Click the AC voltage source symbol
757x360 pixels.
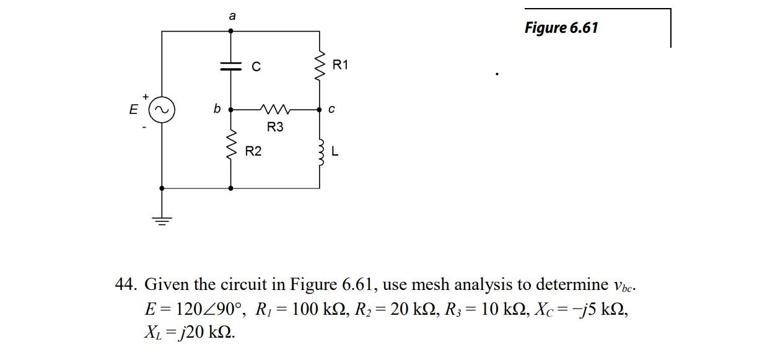(162, 110)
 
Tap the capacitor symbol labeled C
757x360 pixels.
(232, 66)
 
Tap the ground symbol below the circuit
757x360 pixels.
(162, 219)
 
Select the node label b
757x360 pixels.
(216, 109)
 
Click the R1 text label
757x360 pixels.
(341, 64)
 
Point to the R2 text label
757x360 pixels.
(253, 151)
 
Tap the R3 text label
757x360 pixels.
(275, 127)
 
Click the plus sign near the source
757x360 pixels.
(145, 97)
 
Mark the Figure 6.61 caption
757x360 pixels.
(561, 28)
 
